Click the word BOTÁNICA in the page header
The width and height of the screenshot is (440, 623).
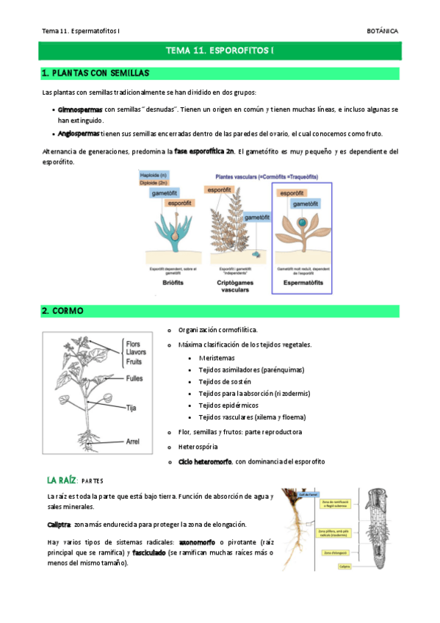point(383,31)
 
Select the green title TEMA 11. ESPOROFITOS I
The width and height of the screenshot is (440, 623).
point(220,51)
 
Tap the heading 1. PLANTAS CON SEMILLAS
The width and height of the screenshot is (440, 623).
point(95,73)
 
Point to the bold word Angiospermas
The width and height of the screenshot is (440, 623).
point(79,134)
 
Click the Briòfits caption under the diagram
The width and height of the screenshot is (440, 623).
point(170,281)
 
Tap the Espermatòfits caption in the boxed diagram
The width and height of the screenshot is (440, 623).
point(302,281)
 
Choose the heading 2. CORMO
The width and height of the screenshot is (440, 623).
point(62,311)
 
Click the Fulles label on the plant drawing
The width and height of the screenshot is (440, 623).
point(134,378)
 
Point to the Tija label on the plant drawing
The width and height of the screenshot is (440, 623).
point(131,406)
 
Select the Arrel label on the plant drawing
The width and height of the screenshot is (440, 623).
point(133,442)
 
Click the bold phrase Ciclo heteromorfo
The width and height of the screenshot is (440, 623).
point(205,461)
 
